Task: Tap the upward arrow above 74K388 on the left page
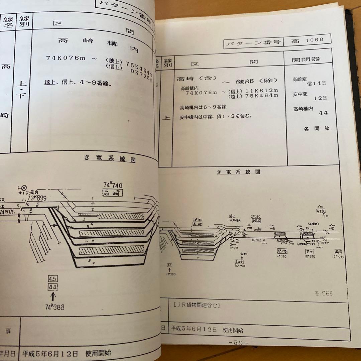point(53,296)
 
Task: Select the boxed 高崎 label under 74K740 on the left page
point(113,193)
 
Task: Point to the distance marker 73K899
point(37,198)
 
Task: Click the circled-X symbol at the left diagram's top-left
point(24,188)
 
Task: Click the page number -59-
point(238,342)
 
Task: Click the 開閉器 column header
point(306,59)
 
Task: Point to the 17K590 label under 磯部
point(337,257)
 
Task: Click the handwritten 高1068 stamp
point(324,293)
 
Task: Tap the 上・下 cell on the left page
point(21,90)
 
